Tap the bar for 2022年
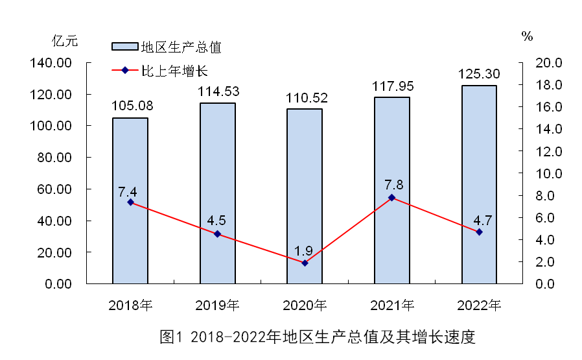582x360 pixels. click(479, 185)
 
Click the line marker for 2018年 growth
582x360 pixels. click(130, 202)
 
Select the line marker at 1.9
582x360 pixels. click(305, 263)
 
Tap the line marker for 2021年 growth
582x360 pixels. click(391, 197)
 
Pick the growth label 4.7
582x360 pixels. click(478, 218)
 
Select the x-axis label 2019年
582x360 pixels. click(218, 305)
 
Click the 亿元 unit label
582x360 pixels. click(65, 41)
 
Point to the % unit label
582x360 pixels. click(527, 37)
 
